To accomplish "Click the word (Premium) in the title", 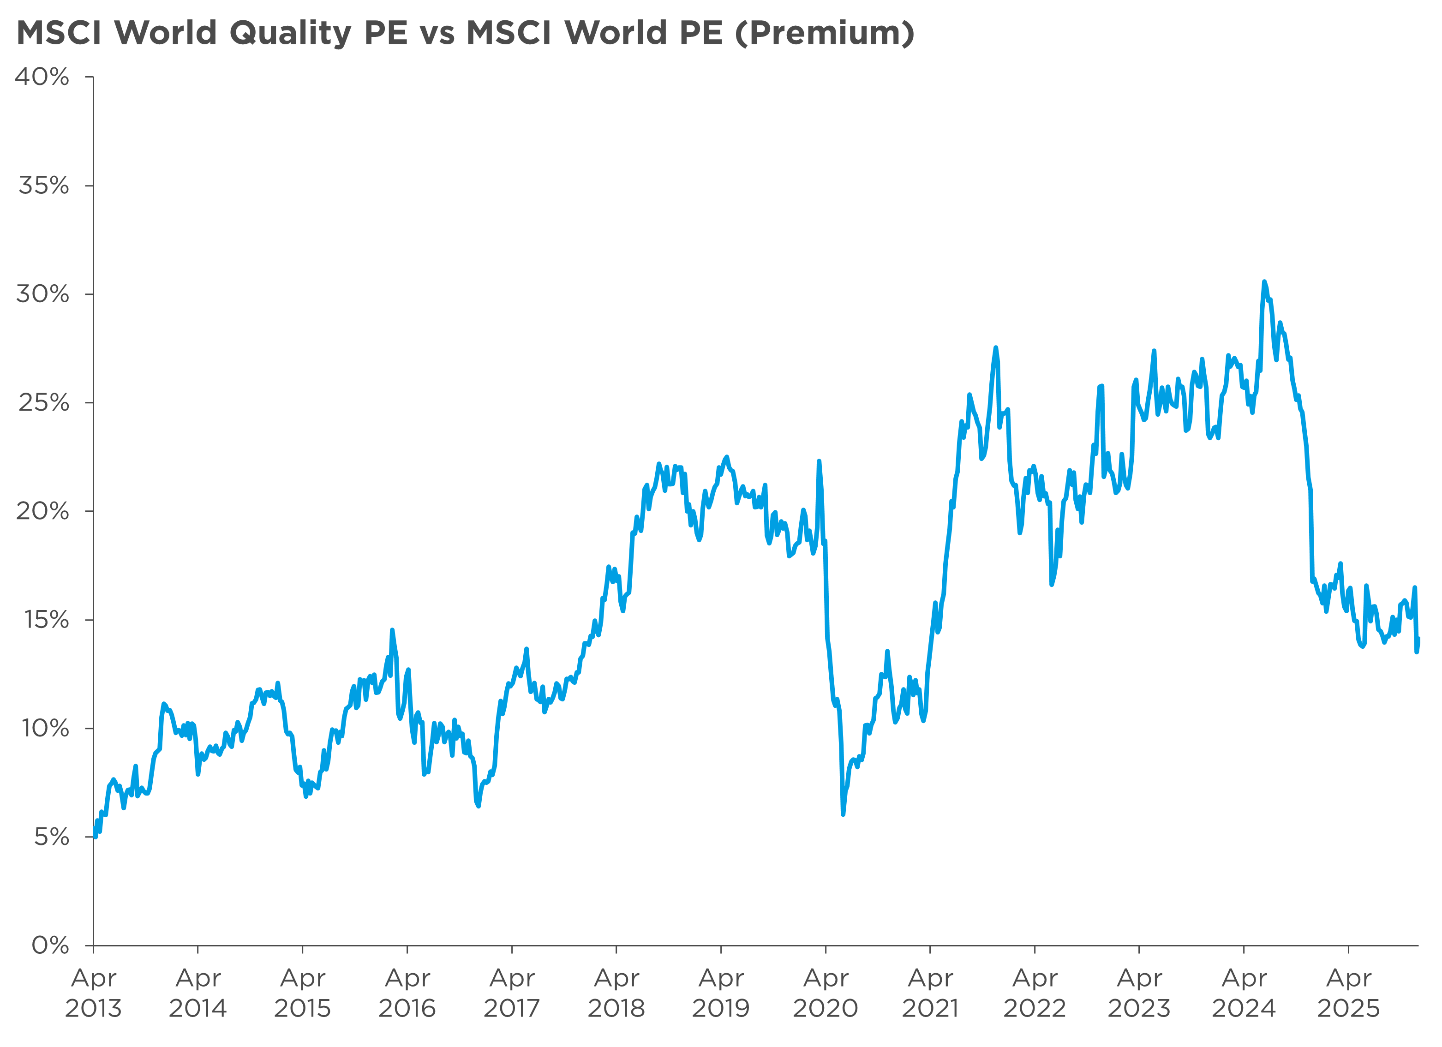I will [825, 33].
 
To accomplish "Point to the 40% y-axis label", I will [42, 77].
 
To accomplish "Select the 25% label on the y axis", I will [43, 402].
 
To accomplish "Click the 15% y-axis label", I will [46, 619].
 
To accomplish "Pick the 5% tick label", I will [51, 837].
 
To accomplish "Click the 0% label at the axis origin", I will [50, 945].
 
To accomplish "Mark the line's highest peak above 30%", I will [1264, 281].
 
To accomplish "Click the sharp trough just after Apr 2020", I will [843, 814].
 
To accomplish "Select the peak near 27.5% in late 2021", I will [996, 348].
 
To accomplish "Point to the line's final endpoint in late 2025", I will [1418, 639].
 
